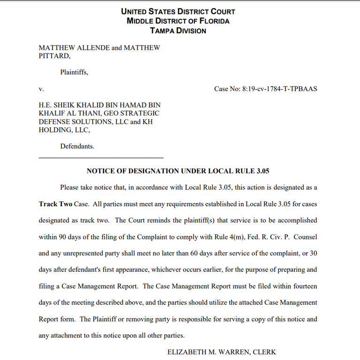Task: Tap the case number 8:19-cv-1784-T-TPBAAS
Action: coord(279,89)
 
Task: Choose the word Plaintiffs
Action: coord(74,72)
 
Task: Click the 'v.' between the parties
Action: coord(41,89)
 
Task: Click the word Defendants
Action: coord(77,146)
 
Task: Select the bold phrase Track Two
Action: coord(55,204)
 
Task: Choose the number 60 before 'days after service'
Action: coord(195,253)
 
